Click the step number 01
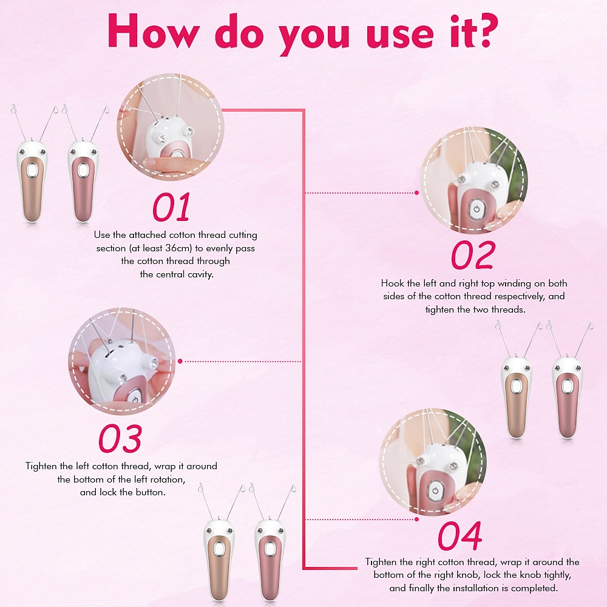pos(172,207)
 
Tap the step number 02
pos(473,255)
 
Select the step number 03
pos(120,439)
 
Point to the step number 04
pos(460,536)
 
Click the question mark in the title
pos(485,30)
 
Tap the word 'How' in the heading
pos(154,31)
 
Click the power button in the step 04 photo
pos(435,491)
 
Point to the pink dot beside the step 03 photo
pos(180,361)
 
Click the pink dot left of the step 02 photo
pos(416,192)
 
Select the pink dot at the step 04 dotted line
pos(416,519)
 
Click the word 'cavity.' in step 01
pos(200,274)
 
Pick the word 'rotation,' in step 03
pos(168,480)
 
